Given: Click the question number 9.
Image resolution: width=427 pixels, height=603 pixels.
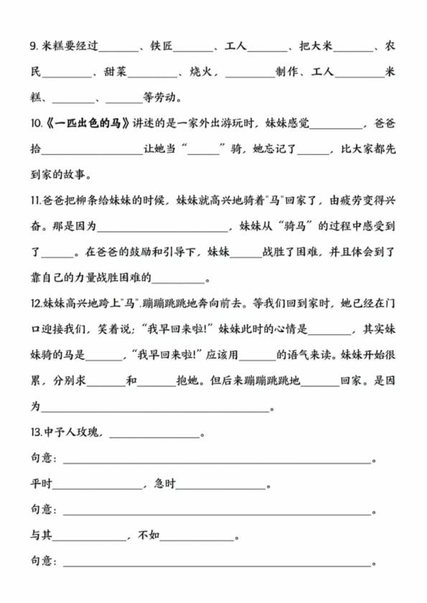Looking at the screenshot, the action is click(34, 48).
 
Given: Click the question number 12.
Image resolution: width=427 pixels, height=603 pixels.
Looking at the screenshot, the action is click(37, 303).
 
